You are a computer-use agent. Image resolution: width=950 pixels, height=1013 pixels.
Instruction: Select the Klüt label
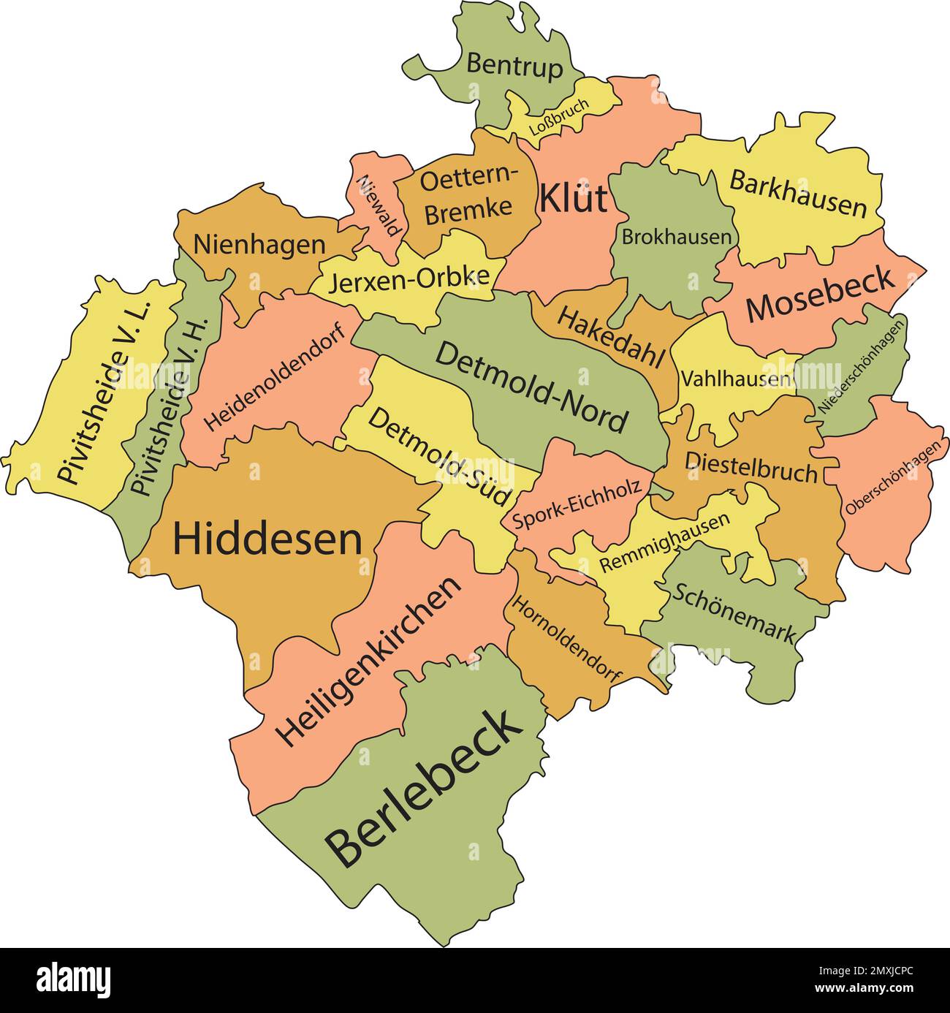pyautogui.click(x=573, y=199)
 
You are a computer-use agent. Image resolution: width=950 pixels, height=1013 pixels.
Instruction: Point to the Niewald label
pyautogui.click(x=379, y=205)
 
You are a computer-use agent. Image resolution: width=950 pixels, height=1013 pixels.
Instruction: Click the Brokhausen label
pyautogui.click(x=676, y=237)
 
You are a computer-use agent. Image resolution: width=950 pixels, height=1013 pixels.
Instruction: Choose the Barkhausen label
pyautogui.click(x=798, y=194)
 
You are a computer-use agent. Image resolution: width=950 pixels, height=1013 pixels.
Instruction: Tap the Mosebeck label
pyautogui.click(x=820, y=295)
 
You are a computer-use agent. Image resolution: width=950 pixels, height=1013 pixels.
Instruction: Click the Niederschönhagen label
pyautogui.click(x=862, y=365)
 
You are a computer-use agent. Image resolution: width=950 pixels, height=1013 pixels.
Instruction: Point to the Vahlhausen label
pyautogui.click(x=736, y=379)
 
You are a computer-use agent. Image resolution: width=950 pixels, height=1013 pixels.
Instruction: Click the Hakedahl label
pyautogui.click(x=611, y=338)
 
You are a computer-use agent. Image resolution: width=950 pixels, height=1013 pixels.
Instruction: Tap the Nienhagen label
pyautogui.click(x=259, y=245)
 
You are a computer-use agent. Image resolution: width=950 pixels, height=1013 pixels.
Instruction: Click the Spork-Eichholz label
pyautogui.click(x=577, y=504)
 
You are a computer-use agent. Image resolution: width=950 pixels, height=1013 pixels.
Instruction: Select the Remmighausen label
pyautogui.click(x=664, y=542)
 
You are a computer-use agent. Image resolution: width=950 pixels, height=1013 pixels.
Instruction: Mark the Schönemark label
pyautogui.click(x=733, y=613)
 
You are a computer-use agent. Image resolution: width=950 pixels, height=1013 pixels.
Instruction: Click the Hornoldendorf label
pyautogui.click(x=566, y=639)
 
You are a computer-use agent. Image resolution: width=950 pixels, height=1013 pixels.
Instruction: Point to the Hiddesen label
pyautogui.click(x=267, y=539)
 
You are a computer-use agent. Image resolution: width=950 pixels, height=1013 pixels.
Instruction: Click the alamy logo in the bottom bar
pyautogui.click(x=74, y=979)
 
